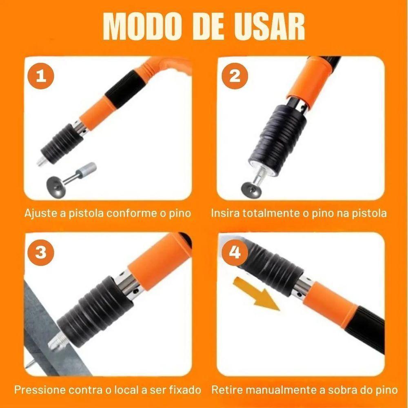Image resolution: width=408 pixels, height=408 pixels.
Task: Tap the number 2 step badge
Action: click(235, 76)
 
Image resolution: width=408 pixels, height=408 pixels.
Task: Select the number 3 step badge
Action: click(40, 253)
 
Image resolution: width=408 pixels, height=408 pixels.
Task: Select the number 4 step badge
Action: click(235, 253)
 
